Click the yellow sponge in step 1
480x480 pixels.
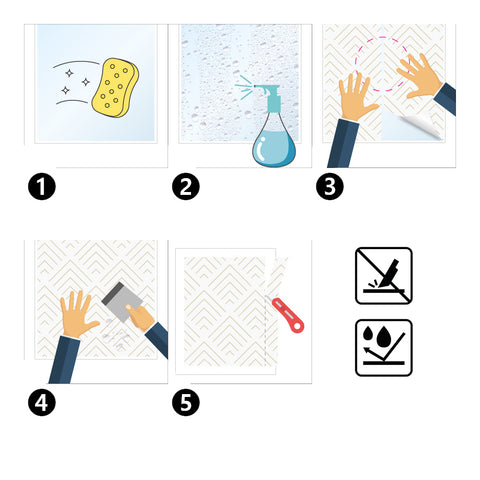coord(115,88)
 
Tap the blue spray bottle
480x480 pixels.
coord(273,130)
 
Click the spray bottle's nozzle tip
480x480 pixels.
coord(255,86)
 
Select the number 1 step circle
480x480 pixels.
coord(42,186)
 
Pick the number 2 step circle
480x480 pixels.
coord(186,186)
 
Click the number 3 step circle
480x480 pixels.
coord(330,186)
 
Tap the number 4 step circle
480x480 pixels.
coord(42,402)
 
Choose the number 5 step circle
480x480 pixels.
coord(186,402)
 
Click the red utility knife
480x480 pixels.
coord(287,315)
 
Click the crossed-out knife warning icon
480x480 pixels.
coord(384,276)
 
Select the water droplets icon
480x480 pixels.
coord(384,348)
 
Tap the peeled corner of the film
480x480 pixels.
coord(422,125)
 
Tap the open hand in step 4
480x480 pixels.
coord(78,315)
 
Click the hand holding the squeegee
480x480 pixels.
coord(140,317)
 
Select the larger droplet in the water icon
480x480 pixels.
coord(384,337)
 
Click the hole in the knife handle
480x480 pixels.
coord(296,325)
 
